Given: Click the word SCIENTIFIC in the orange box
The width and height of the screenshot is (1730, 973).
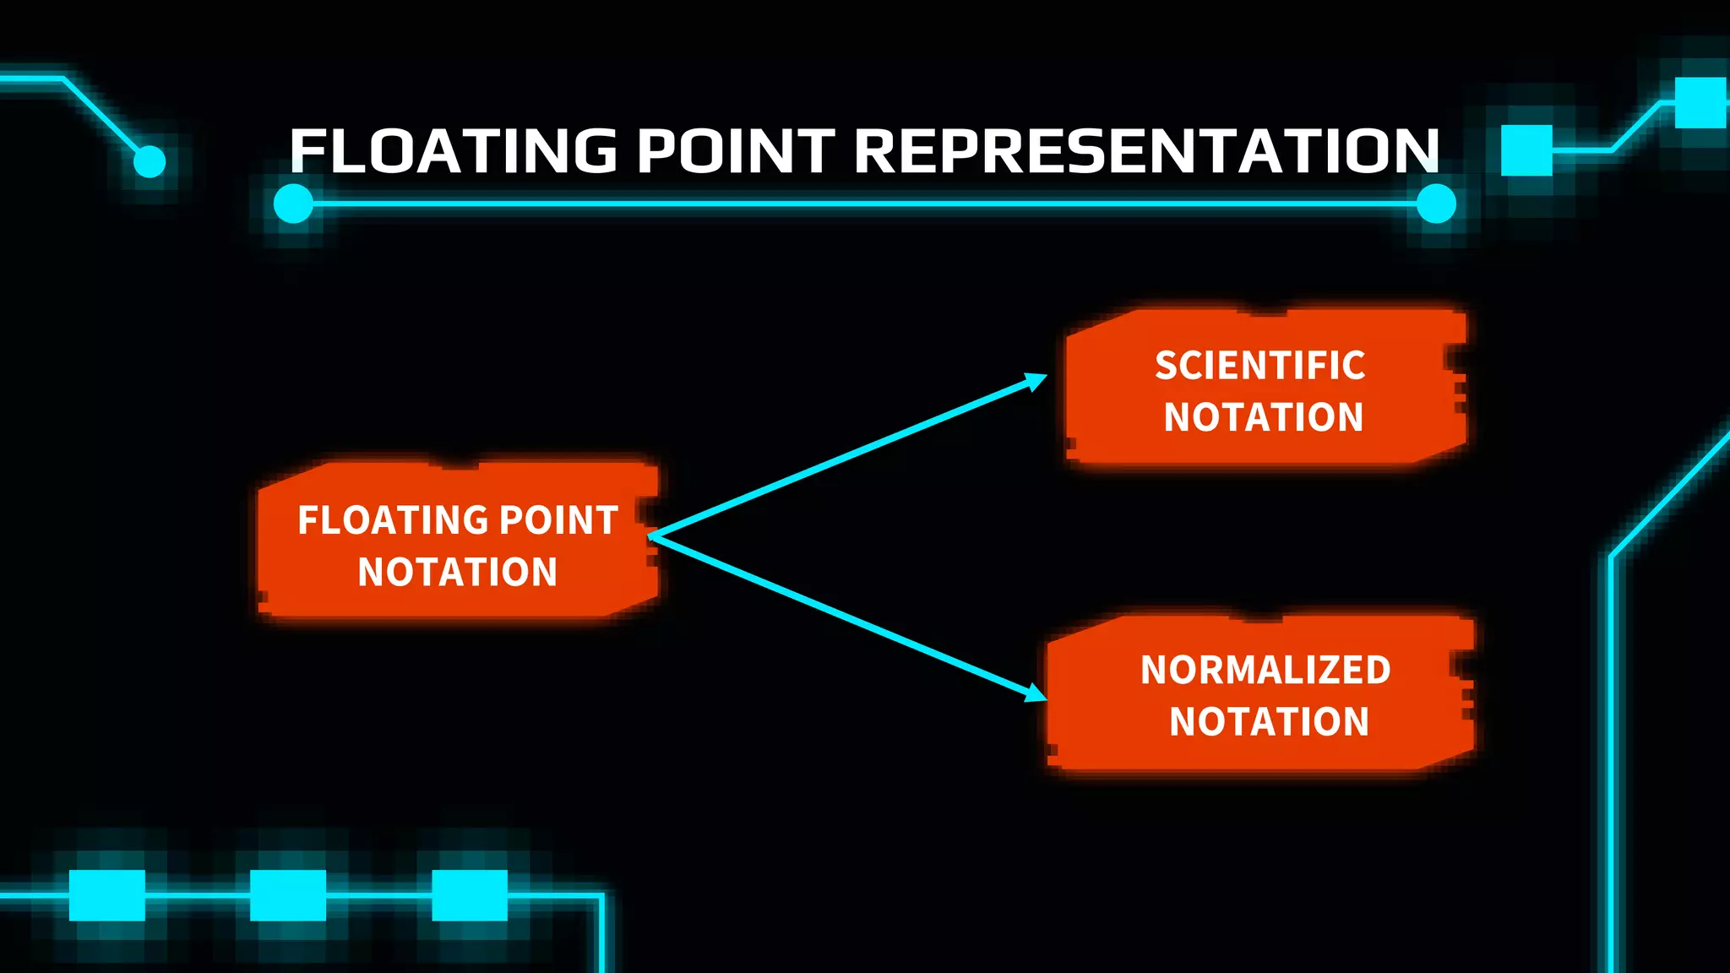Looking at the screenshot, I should [1259, 366].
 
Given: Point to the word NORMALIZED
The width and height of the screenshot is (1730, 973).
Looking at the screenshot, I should [1265, 670].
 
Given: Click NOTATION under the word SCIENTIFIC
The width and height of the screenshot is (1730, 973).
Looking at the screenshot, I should [1264, 417].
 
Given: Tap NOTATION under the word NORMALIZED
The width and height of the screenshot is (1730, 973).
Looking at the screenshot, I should [1269, 722].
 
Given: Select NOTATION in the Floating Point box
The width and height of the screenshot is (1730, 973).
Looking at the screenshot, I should [457, 572].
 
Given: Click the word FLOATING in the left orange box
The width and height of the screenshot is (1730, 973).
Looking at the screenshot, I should [394, 520].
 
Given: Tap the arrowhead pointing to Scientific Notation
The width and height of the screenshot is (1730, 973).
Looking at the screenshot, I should [1036, 381].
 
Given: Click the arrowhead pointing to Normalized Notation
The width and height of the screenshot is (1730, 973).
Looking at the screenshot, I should [1036, 693].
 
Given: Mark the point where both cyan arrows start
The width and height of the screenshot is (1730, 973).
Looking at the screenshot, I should [651, 536].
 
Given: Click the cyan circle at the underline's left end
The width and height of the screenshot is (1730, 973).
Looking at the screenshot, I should [294, 204].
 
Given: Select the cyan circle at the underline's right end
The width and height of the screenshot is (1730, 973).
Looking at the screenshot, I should [1436, 204].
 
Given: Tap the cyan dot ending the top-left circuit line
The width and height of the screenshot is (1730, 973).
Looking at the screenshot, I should [150, 161].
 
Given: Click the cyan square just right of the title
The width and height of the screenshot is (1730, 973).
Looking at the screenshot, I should [1526, 150].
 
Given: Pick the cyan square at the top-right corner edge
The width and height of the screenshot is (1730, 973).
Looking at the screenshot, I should [1700, 102].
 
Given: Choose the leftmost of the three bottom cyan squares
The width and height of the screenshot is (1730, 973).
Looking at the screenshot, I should [106, 895].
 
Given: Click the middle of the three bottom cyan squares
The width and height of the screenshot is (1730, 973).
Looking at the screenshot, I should [288, 895].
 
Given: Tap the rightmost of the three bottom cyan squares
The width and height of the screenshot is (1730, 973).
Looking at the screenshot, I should [470, 895].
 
